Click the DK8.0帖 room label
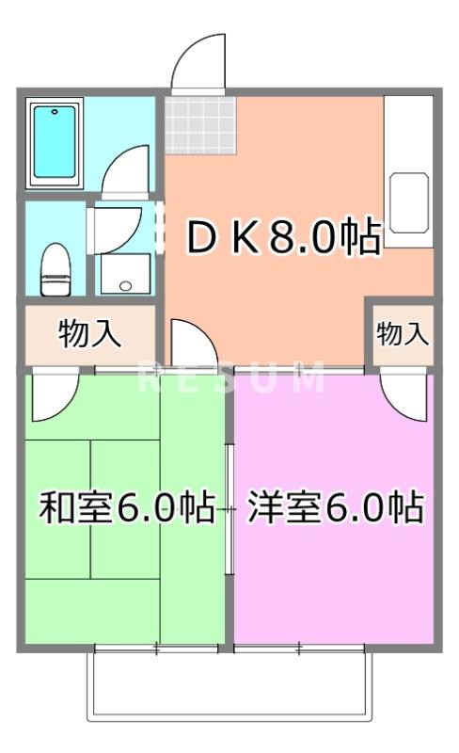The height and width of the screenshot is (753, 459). [x=282, y=239]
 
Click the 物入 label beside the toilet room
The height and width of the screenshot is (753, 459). [x=89, y=333]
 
